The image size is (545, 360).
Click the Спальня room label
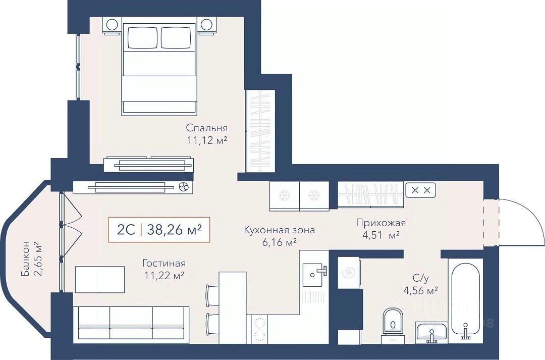[x=207, y=128]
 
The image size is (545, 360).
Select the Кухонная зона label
[x=280, y=230]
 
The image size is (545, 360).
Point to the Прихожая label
[x=381, y=223]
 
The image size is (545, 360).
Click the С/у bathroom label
[x=421, y=278]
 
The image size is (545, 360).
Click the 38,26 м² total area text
[x=175, y=230]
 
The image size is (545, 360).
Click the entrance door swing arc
[x=525, y=216]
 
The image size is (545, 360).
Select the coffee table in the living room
[x=100, y=279]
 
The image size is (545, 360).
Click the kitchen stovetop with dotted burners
[x=259, y=329]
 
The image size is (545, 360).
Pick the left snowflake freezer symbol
[x=285, y=196]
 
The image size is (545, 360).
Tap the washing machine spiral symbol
[x=349, y=273]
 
